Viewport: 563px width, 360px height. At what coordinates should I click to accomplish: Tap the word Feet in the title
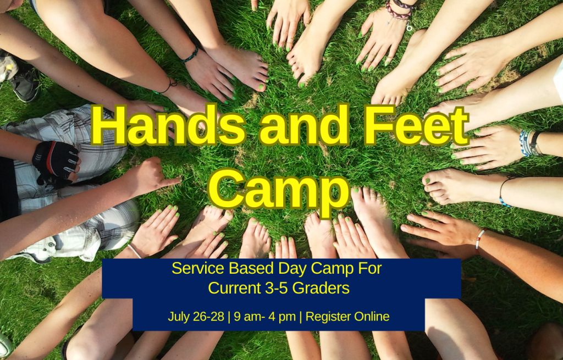(x=417, y=125)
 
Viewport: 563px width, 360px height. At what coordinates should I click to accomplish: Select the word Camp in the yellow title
(x=279, y=190)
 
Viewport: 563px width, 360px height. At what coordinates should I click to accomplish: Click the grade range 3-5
(x=276, y=288)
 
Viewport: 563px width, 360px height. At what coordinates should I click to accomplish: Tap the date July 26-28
(x=196, y=317)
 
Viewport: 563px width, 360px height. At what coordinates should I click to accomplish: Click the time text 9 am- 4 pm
(x=265, y=317)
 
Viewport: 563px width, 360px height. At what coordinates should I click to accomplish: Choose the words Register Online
(x=347, y=317)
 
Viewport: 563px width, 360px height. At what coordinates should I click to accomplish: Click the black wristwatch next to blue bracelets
(x=536, y=143)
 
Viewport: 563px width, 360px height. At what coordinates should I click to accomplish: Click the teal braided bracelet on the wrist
(x=190, y=55)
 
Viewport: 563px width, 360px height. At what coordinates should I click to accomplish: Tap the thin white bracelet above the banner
(x=135, y=251)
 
